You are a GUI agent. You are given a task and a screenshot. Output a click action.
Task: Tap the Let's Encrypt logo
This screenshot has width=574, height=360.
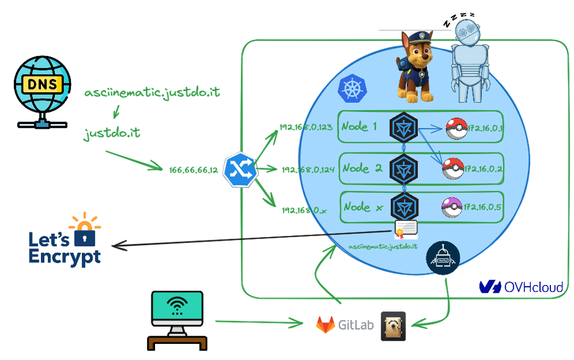pyautogui.click(x=66, y=241)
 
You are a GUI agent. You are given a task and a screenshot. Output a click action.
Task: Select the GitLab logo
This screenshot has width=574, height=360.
pyautogui.click(x=344, y=324)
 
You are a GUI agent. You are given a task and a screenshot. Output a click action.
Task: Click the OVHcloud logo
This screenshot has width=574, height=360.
pyautogui.click(x=521, y=287)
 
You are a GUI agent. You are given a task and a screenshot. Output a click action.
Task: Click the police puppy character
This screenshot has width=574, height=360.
pyautogui.click(x=415, y=67)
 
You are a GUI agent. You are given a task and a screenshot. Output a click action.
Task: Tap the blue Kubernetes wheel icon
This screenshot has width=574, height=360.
pyautogui.click(x=352, y=89)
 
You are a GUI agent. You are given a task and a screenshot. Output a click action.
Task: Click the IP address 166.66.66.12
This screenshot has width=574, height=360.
pyautogui.click(x=194, y=170)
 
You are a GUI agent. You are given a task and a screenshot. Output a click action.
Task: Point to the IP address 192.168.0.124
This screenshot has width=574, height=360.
pyautogui.click(x=308, y=169)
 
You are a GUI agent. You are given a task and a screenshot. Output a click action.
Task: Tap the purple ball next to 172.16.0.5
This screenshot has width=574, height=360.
pyautogui.click(x=451, y=207)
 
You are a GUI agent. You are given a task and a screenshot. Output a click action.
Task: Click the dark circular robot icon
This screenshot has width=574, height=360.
pyautogui.click(x=443, y=258)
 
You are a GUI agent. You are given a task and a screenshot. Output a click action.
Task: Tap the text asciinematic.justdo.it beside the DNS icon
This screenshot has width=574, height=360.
pyautogui.click(x=152, y=93)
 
